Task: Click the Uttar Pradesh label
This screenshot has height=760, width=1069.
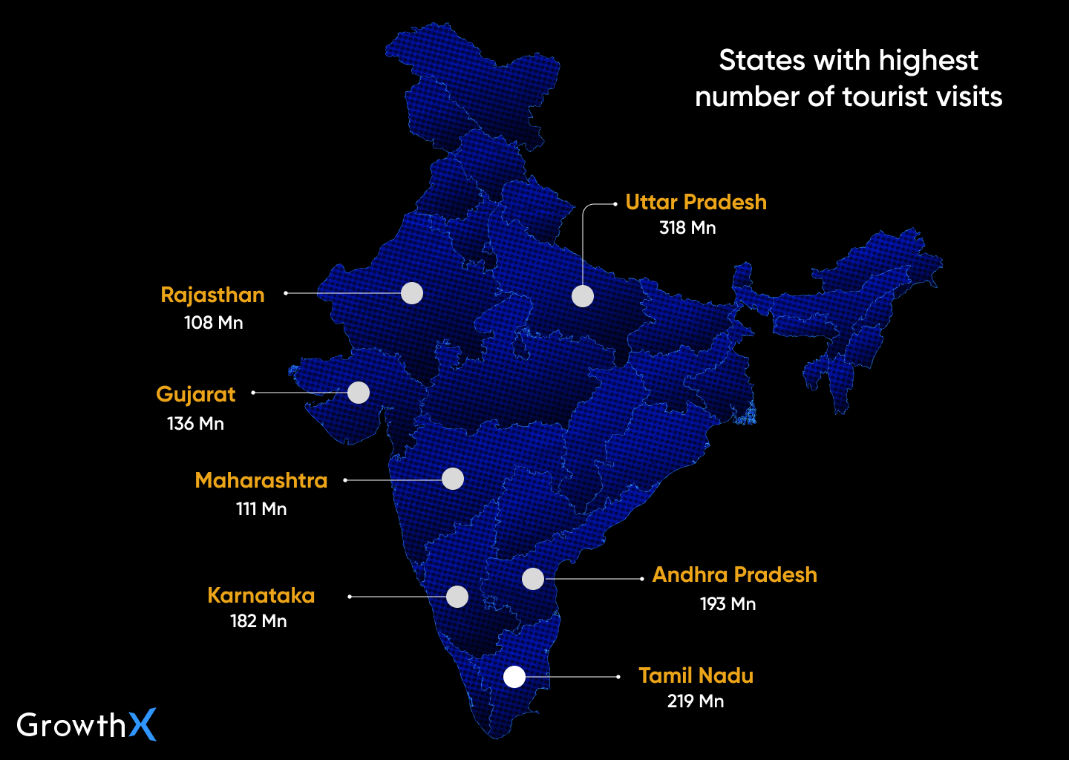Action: [x=696, y=202]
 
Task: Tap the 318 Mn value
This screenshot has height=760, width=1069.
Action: [x=687, y=228]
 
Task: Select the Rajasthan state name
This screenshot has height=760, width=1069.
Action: [x=212, y=295]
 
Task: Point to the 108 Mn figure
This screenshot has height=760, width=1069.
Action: [x=214, y=322]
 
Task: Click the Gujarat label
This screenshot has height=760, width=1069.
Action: [x=196, y=394]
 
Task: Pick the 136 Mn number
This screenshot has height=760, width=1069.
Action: [x=195, y=423]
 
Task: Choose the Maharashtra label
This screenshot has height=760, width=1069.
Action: [x=261, y=480]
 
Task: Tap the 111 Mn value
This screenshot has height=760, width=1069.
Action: [x=261, y=508]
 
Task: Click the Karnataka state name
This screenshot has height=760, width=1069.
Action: [x=261, y=595]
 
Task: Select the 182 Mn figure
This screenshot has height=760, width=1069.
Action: [x=258, y=620]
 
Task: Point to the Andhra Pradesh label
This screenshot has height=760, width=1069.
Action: [x=734, y=574]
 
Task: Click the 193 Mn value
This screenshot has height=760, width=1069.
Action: [x=728, y=603]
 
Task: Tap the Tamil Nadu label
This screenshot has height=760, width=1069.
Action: [x=696, y=675]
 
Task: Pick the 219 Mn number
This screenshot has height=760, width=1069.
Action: [x=695, y=701]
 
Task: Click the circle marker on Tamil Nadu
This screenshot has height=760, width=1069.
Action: [x=514, y=677]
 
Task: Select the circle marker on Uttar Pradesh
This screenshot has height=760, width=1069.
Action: [x=583, y=296]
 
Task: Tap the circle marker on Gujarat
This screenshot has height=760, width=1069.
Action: [x=359, y=393]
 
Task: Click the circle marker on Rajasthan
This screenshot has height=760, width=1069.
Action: [x=412, y=293]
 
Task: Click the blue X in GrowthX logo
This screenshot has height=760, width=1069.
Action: [x=143, y=724]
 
